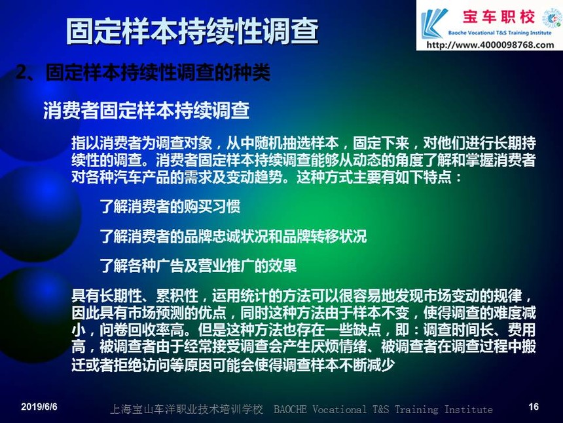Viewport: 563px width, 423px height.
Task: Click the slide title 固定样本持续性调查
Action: (192, 31)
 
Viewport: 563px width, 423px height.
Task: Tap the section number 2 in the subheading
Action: (22, 73)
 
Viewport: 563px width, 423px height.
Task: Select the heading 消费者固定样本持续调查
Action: (147, 110)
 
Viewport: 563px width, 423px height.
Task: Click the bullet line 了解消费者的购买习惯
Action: (170, 207)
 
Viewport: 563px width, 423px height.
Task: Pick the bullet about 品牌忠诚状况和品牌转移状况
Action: (234, 236)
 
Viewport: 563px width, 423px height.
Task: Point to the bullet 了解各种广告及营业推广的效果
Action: (198, 266)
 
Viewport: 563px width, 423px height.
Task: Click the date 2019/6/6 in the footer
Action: (39, 407)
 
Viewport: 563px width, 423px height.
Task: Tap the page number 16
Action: (534, 407)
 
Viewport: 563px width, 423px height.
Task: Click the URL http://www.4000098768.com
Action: (490, 45)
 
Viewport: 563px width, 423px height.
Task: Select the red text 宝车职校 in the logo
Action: (499, 17)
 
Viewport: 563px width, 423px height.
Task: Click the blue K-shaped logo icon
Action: (435, 24)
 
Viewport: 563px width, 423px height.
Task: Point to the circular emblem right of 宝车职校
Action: (551, 19)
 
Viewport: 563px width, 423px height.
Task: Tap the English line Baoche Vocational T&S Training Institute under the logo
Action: (499, 33)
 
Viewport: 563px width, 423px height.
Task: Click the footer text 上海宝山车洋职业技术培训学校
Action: (187, 409)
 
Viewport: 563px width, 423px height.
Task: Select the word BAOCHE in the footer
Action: (290, 409)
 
